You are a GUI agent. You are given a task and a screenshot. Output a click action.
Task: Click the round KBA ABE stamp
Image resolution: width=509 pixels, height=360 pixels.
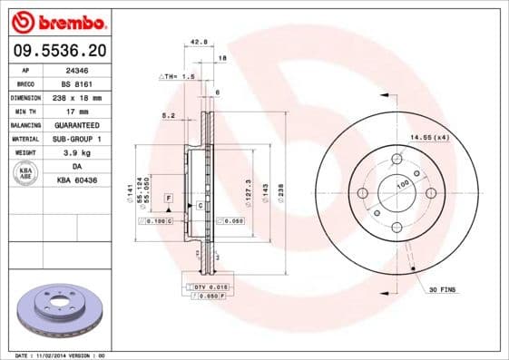click(24, 173)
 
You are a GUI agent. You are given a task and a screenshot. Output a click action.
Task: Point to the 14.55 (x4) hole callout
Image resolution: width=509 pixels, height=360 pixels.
click(429, 136)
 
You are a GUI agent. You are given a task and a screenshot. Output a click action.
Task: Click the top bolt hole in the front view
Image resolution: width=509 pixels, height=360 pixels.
click(396, 160)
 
